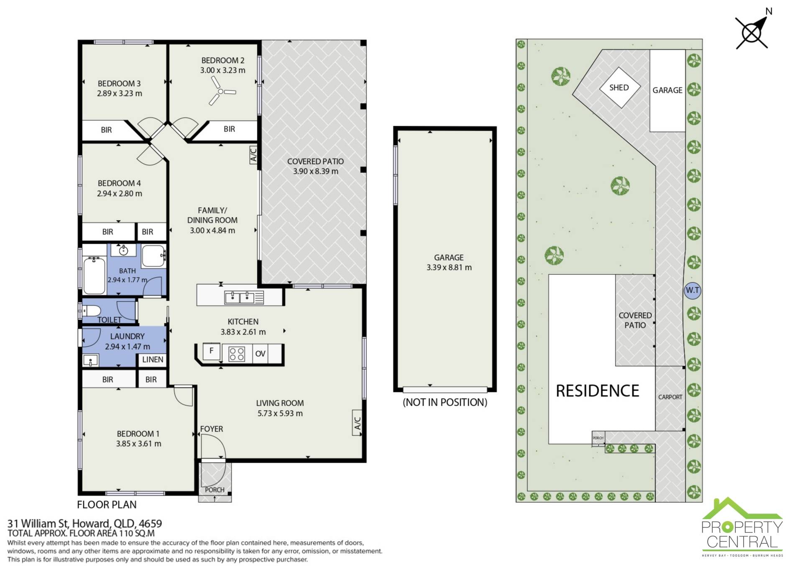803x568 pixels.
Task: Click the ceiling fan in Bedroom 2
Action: [x=220, y=91]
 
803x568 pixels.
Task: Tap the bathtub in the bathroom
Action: [x=94, y=276]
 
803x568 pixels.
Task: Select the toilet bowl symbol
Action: [x=92, y=311]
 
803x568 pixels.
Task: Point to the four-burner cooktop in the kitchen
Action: [x=237, y=354]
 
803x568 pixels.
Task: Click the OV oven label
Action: [x=260, y=354]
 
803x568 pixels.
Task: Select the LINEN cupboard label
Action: [x=153, y=360]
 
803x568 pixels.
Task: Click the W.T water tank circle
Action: [x=692, y=290]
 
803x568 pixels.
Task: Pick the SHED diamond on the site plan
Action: [x=619, y=87]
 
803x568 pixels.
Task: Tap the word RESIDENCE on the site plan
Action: [x=597, y=391]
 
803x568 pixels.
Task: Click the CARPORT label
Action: [x=670, y=397]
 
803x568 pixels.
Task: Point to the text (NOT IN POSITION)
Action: [x=445, y=402]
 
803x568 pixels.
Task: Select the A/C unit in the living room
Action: [x=357, y=423]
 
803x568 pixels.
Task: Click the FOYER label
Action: [x=211, y=429]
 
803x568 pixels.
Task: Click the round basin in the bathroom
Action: [x=123, y=251]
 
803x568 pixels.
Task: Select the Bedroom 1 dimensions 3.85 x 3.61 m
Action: [x=138, y=444]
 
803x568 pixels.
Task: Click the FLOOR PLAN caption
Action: [x=107, y=505]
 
